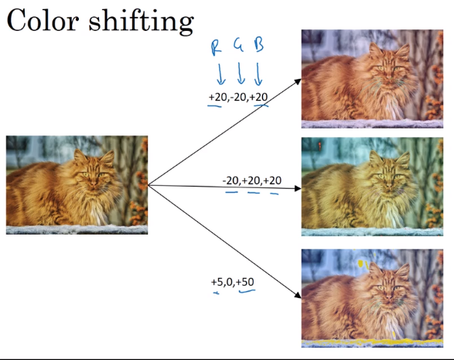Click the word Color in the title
(43, 20)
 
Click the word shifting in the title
(141, 22)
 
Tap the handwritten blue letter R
(216, 47)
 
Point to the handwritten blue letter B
(259, 45)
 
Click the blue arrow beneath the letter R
(220, 74)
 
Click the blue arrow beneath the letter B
(258, 74)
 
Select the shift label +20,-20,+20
(238, 97)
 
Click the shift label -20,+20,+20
(252, 180)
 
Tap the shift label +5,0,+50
(233, 282)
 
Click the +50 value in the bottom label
(245, 282)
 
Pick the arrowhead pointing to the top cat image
(297, 82)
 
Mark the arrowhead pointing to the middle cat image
(297, 188)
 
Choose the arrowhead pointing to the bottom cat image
(297, 295)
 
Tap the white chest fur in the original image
(97, 213)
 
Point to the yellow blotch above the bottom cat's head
(360, 263)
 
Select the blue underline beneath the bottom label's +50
(247, 290)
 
